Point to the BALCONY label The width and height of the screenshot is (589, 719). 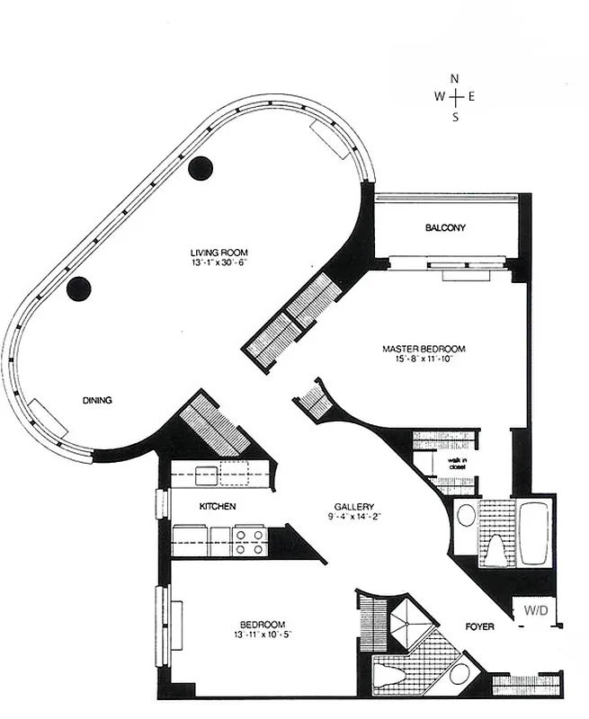[x=445, y=228]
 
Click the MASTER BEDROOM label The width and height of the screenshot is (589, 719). [x=424, y=349]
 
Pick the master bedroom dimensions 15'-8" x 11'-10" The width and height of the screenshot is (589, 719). [x=424, y=360]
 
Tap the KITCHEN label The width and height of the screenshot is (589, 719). [x=218, y=507]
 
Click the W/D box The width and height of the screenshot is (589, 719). [x=534, y=609]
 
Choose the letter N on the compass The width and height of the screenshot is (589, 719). [x=455, y=79]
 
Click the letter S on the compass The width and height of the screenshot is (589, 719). [x=455, y=117]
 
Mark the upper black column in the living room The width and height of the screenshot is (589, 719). [x=200, y=167]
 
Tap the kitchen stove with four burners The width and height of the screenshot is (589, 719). [x=249, y=540]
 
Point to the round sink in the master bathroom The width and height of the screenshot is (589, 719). [x=465, y=516]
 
